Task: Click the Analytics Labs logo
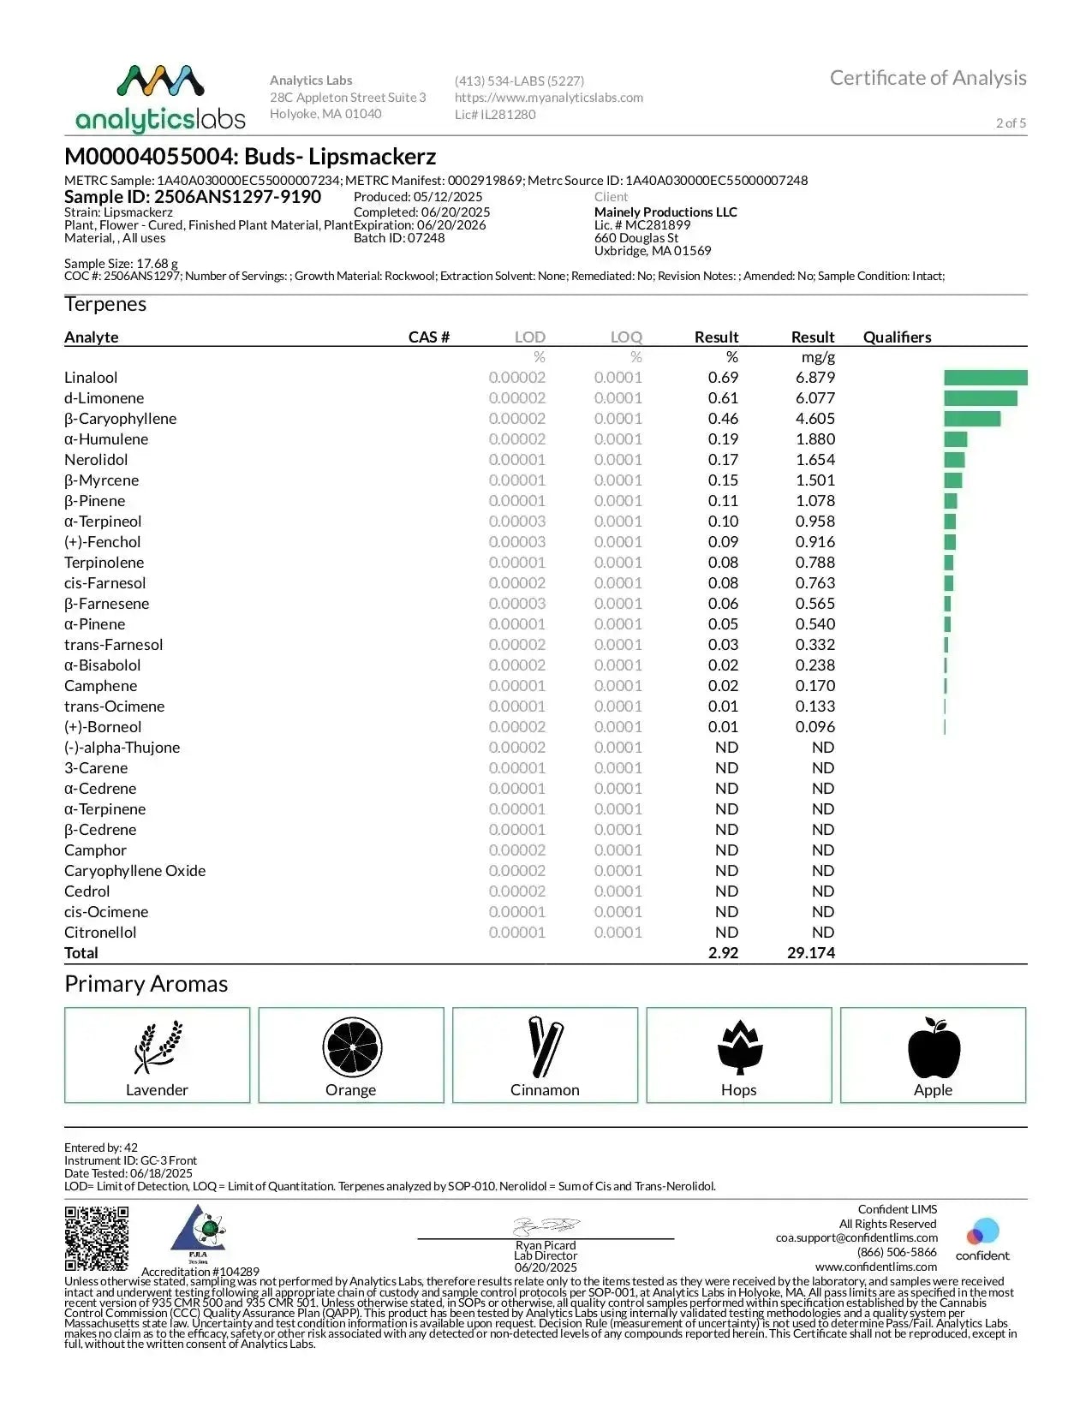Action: pyautogui.click(x=160, y=98)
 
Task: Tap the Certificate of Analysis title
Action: pyautogui.click(x=928, y=78)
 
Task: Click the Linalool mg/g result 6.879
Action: pyautogui.click(x=815, y=378)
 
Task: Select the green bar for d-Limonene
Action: pyautogui.click(x=980, y=398)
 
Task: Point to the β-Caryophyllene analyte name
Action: pyautogui.click(x=120, y=419)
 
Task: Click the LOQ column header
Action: pyautogui.click(x=626, y=337)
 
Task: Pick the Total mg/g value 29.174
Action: pyautogui.click(x=810, y=953)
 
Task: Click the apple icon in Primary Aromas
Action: pyautogui.click(x=934, y=1047)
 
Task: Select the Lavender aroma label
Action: pyautogui.click(x=157, y=1090)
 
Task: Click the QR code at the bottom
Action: pyautogui.click(x=97, y=1238)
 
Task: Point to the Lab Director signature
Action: pyautogui.click(x=546, y=1226)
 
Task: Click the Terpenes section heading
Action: pyautogui.click(x=105, y=305)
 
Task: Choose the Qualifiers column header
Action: pyautogui.click(x=897, y=337)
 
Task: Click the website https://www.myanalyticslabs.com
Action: pyautogui.click(x=549, y=98)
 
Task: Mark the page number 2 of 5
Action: pyautogui.click(x=1011, y=123)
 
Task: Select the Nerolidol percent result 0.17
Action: pyautogui.click(x=723, y=460)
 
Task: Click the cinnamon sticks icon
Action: pyautogui.click(x=545, y=1046)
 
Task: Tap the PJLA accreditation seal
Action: pyautogui.click(x=200, y=1233)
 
